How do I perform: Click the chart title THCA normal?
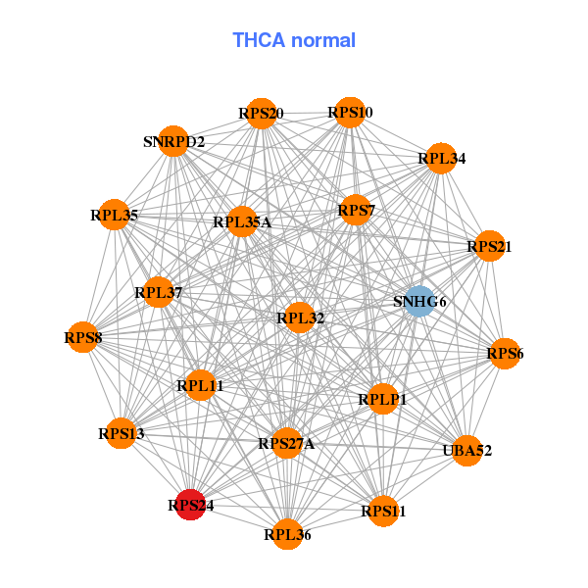pyautogui.click(x=294, y=40)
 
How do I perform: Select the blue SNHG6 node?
pyautogui.click(x=419, y=301)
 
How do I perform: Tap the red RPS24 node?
pyautogui.click(x=190, y=505)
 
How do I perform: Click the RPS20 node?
pyautogui.click(x=261, y=113)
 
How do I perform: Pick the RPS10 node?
pyautogui.click(x=351, y=113)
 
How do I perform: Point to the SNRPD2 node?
pyautogui.click(x=173, y=141)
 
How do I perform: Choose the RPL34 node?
pyautogui.click(x=441, y=158)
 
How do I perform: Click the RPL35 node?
pyautogui.click(x=115, y=214)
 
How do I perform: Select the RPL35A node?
pyautogui.click(x=242, y=221)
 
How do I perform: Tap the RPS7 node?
pyautogui.click(x=356, y=210)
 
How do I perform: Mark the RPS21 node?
pyautogui.click(x=489, y=247)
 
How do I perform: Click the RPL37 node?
pyautogui.click(x=159, y=291)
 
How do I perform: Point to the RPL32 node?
pyautogui.click(x=300, y=317)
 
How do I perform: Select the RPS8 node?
pyautogui.click(x=83, y=338)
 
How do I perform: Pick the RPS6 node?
pyautogui.click(x=505, y=353)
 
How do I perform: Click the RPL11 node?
pyautogui.click(x=201, y=385)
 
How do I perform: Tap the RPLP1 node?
pyautogui.click(x=382, y=399)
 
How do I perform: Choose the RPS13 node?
pyautogui.click(x=122, y=433)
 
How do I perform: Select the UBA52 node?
pyautogui.click(x=467, y=451)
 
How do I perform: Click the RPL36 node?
pyautogui.click(x=287, y=534)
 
